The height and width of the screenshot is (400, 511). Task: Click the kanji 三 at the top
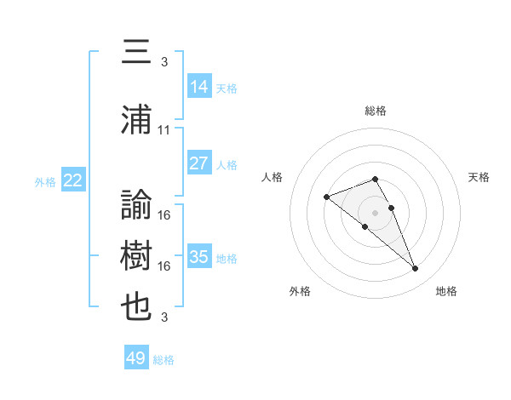[136, 51]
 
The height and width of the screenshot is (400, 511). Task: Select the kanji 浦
[136, 119]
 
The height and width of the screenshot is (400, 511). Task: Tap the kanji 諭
[136, 204]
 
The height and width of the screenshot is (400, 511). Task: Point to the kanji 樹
[136, 255]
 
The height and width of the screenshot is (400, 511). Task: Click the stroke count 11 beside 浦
[164, 130]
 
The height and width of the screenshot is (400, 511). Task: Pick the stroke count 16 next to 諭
[164, 215]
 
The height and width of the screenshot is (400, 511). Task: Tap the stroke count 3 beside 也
[164, 317]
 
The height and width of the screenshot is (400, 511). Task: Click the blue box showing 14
[199, 86]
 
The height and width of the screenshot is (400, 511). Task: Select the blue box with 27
[199, 163]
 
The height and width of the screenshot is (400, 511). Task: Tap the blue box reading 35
[199, 255]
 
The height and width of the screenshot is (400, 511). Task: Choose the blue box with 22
[73, 180]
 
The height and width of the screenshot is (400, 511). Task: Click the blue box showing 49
[136, 357]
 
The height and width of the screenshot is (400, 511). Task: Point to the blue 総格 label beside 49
[164, 360]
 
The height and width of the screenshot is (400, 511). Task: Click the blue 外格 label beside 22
[45, 182]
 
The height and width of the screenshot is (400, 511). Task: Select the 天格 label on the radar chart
[479, 177]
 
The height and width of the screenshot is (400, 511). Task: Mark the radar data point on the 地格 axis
[415, 268]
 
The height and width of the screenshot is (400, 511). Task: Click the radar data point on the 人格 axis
[326, 197]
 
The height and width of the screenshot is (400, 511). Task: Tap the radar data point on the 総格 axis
[375, 179]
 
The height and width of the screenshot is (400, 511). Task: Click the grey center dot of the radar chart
[375, 213]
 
